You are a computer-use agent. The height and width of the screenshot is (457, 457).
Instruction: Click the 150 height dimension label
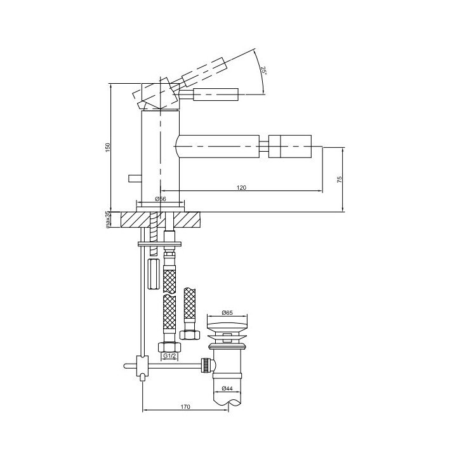click(x=107, y=147)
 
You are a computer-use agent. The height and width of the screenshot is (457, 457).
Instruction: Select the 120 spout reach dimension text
click(x=241, y=187)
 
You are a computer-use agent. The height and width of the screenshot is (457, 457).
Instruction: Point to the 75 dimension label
click(x=339, y=179)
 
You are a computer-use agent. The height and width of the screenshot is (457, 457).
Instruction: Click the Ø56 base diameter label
click(x=161, y=199)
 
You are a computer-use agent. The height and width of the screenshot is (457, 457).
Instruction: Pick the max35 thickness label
click(x=107, y=220)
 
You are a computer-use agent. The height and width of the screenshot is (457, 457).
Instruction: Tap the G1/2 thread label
click(x=169, y=356)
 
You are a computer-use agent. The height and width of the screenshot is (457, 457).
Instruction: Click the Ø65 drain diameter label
click(x=227, y=313)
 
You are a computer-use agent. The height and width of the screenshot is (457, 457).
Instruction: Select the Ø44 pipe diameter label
click(x=227, y=388)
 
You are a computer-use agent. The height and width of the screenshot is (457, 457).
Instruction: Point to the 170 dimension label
click(x=185, y=407)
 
